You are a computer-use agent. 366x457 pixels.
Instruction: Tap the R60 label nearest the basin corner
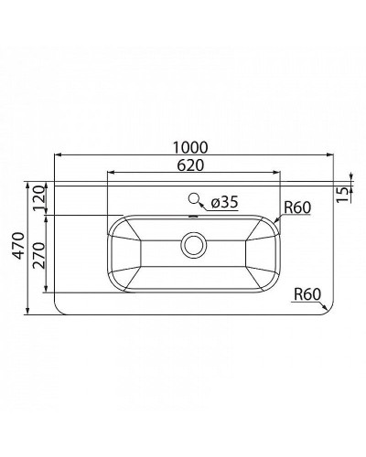tap(297, 207)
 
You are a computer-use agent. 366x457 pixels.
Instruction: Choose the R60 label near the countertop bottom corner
tap(308, 294)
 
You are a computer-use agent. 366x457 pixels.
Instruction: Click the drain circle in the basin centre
tap(193, 244)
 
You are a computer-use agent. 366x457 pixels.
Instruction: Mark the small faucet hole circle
tap(193, 198)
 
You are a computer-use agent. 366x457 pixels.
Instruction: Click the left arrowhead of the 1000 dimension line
tap(59, 156)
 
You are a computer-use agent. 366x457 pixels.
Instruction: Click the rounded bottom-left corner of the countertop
tap(61, 309)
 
